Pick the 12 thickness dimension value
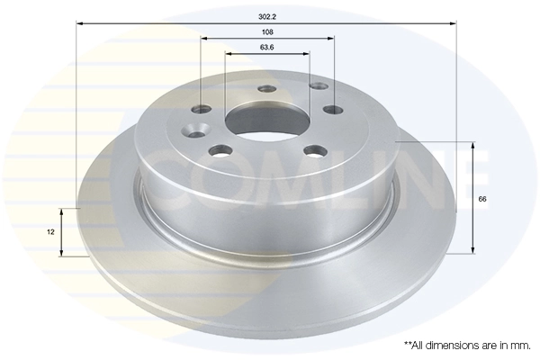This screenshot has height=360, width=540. click(51, 232)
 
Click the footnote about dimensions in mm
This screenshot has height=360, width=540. click(467, 345)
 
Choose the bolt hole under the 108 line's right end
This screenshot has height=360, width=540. click(333, 110)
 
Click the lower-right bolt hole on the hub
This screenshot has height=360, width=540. click(312, 150)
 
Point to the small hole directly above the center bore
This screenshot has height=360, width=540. click(265, 89)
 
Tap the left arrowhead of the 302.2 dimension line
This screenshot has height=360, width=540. click(79, 22)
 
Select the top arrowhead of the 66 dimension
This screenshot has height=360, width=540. click(472, 144)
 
